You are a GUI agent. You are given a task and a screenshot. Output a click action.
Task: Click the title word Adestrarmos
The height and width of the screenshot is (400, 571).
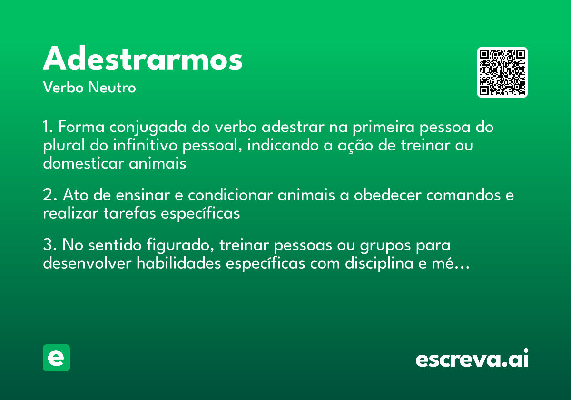coord(143,60)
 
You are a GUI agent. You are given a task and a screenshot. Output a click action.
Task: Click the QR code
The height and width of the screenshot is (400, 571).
coord(502,72)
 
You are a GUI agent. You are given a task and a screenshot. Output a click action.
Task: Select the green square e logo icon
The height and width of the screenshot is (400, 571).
coord(56,358)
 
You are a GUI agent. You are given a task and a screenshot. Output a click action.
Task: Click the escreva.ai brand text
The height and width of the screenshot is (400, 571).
coord(472,359)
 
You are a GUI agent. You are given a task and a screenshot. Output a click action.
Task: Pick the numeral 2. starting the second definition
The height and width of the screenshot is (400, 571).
coord(49,196)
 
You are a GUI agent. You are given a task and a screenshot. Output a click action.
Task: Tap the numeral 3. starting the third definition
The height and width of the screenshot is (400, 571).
coord(49,246)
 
